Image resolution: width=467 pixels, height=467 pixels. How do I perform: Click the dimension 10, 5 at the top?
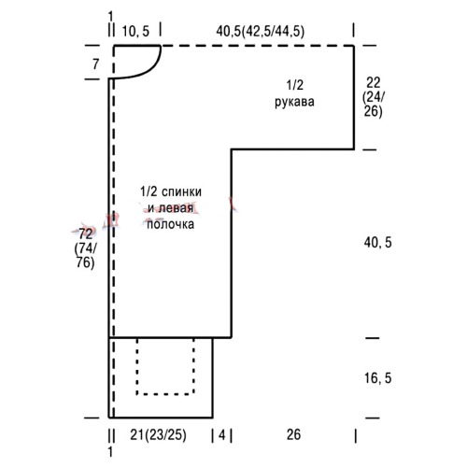(135, 32)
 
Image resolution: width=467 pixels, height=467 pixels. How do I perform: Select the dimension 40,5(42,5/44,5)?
(261, 32)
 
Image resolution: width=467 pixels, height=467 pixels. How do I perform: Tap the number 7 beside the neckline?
(95, 64)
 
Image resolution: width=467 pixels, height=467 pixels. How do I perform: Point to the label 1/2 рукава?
(294, 93)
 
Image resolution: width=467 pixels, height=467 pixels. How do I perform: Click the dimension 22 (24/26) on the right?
(374, 97)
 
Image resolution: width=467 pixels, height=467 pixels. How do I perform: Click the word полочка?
(170, 224)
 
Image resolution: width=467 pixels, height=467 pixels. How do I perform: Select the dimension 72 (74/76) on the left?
(85, 248)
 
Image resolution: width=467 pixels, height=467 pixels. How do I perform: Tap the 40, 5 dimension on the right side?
(377, 242)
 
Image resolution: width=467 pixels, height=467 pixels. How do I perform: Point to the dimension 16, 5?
(377, 378)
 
